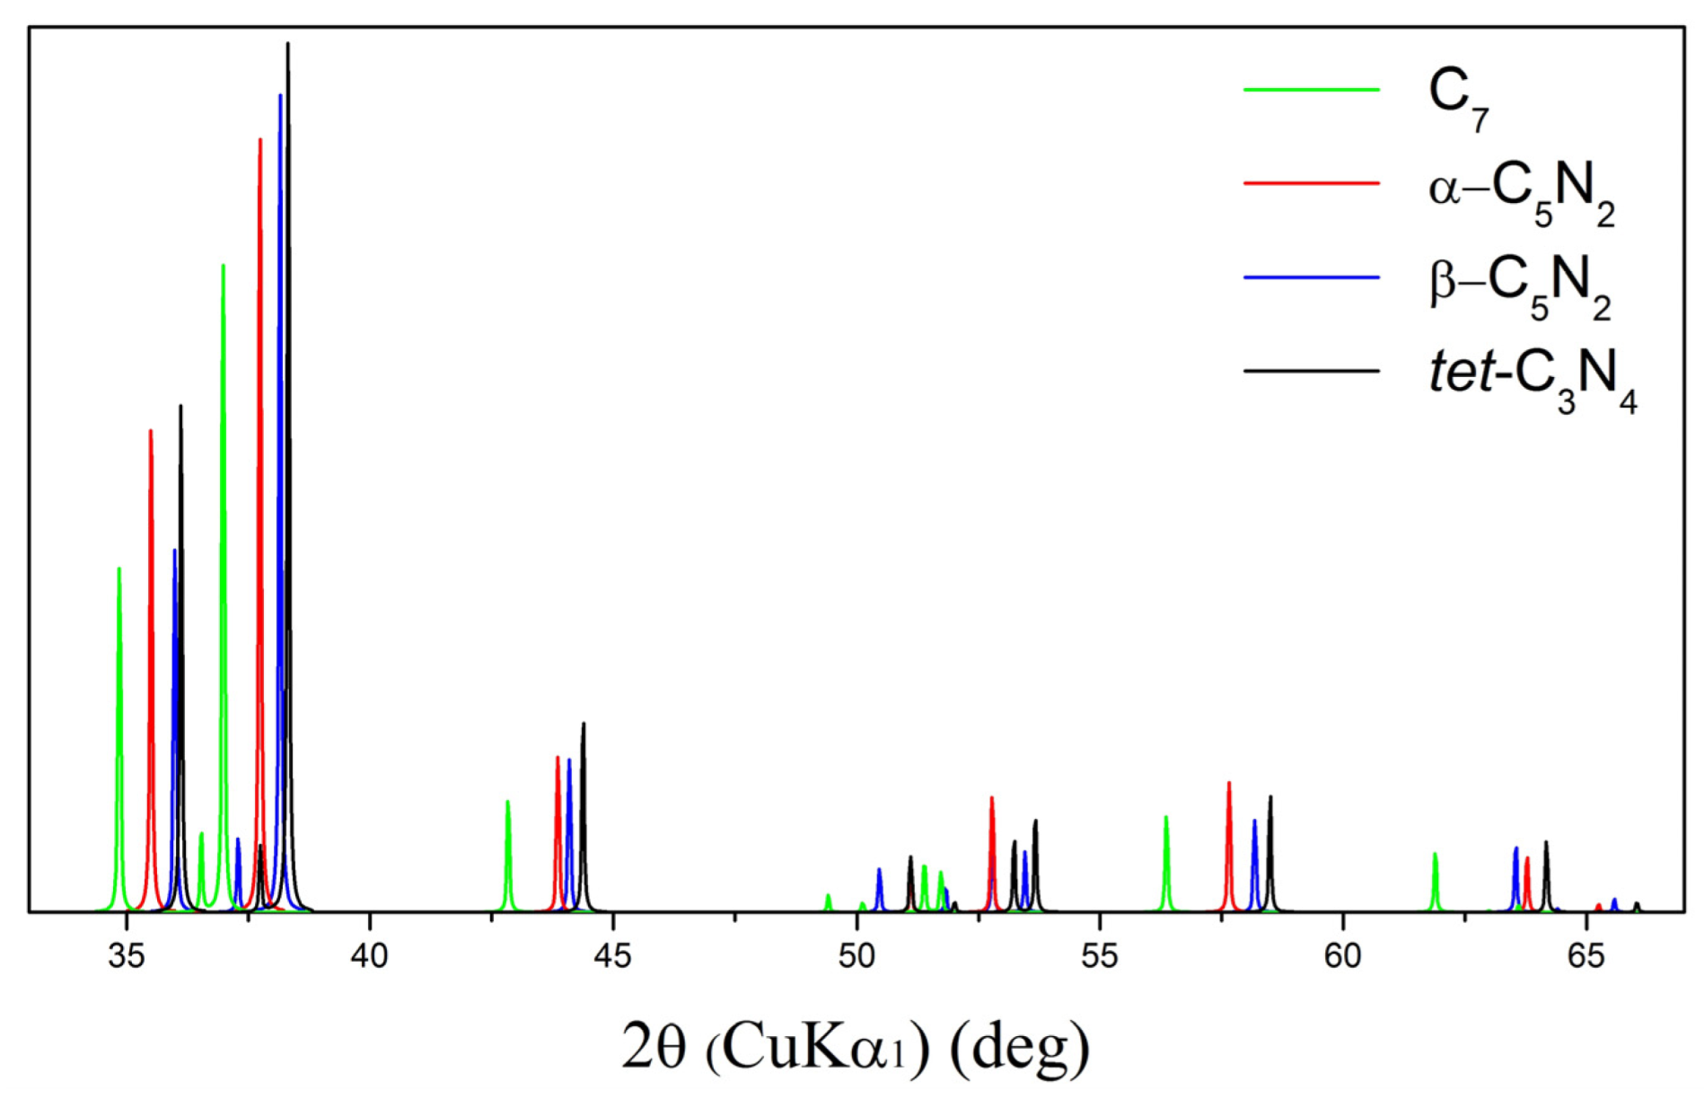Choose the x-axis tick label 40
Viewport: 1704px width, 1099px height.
click(x=369, y=956)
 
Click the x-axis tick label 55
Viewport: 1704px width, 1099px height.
click(x=1099, y=956)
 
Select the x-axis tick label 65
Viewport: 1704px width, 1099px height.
click(x=1585, y=956)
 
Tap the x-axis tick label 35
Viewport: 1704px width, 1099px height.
click(x=127, y=956)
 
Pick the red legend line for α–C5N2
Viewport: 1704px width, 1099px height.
click(x=1311, y=183)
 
